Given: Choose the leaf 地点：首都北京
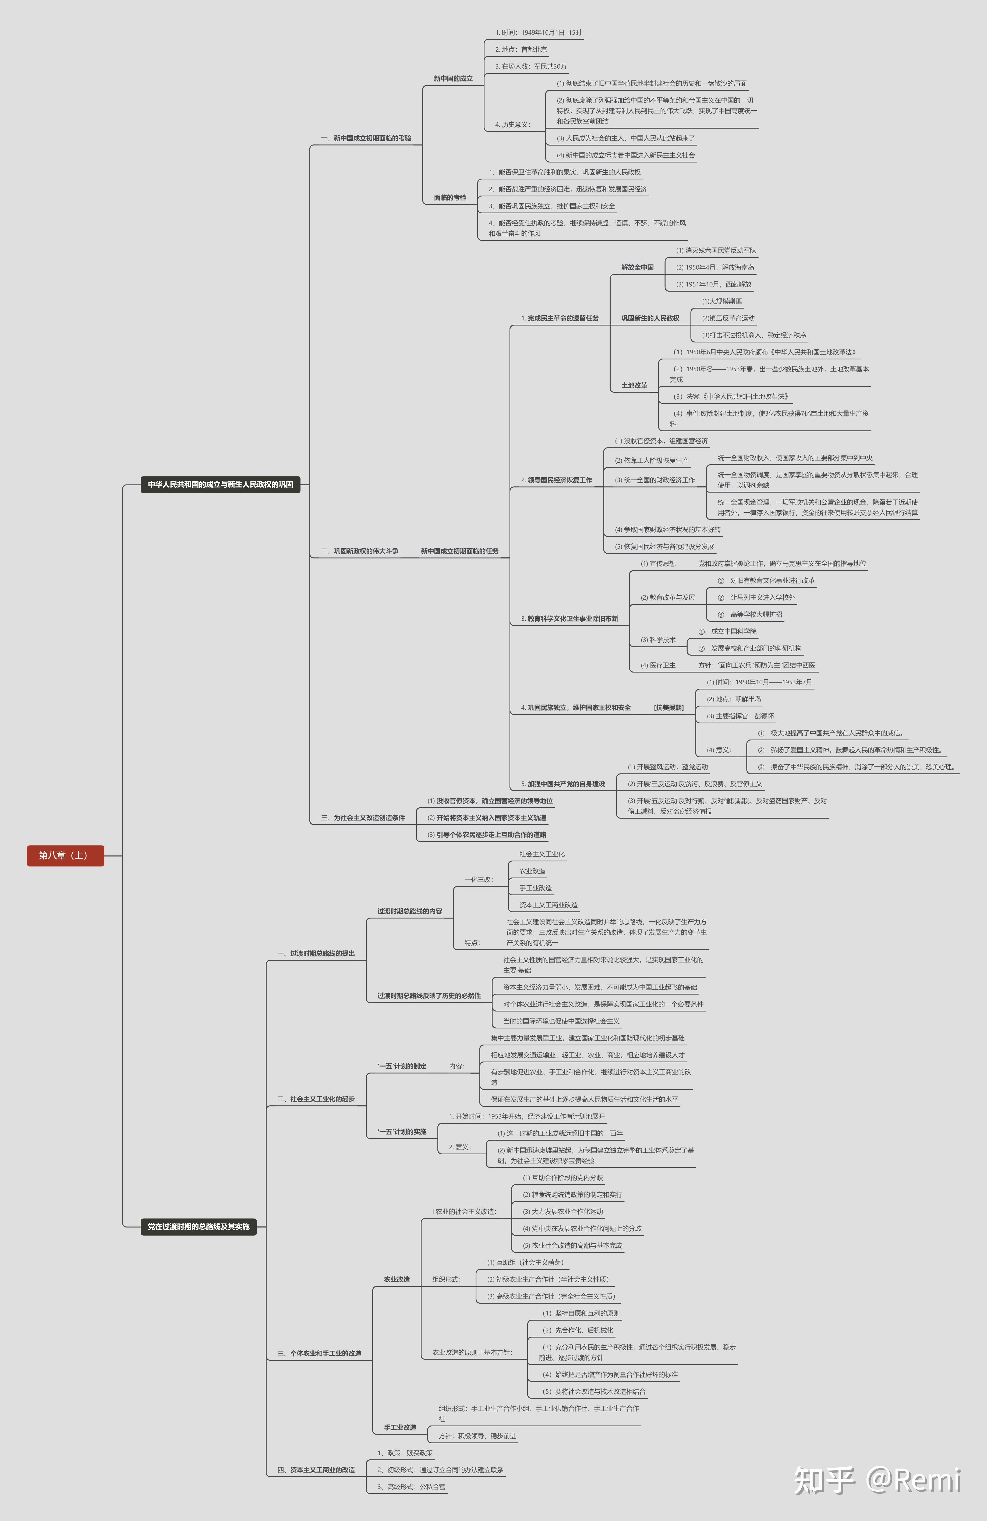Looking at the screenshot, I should pyautogui.click(x=520, y=49).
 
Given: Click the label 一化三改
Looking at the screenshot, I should pyautogui.click(x=478, y=879).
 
